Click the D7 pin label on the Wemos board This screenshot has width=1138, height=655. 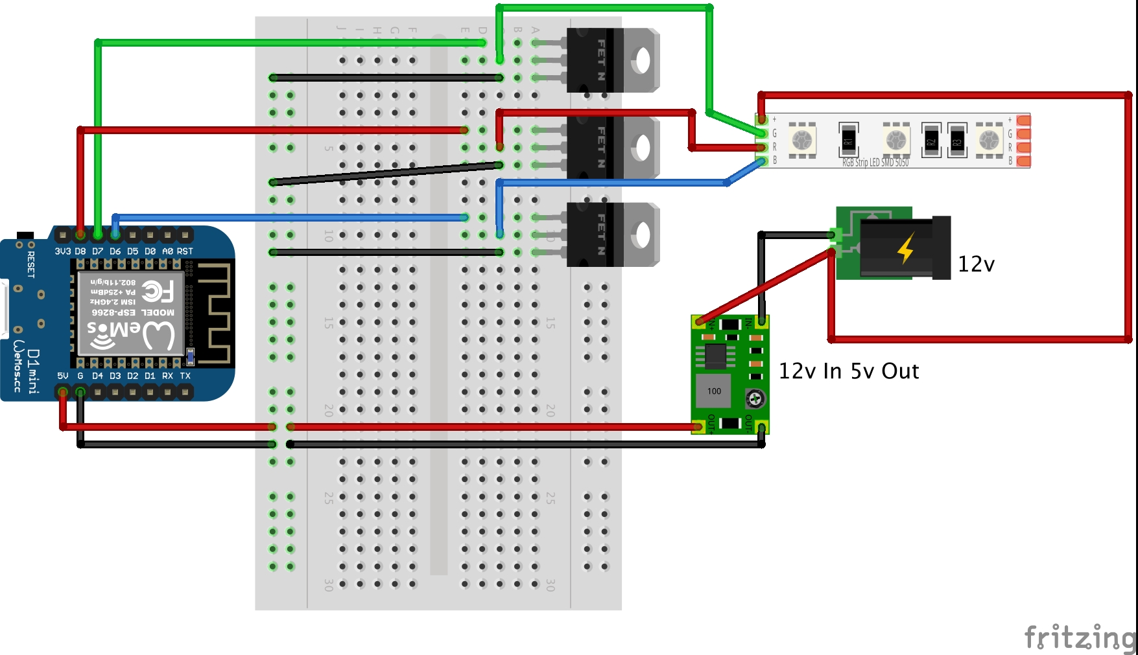coord(97,251)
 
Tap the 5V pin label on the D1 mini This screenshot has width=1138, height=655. coord(62,376)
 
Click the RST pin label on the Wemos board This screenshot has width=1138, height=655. coord(185,251)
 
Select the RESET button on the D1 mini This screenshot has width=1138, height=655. coord(25,235)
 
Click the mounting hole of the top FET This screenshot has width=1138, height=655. coord(643,61)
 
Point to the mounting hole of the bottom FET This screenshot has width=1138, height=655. coord(643,235)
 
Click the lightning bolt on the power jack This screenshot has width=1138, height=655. coord(906,249)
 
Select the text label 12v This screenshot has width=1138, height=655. coord(976,264)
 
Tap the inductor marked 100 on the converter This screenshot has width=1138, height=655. coord(714,391)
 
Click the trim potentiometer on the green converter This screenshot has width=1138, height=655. coord(755,398)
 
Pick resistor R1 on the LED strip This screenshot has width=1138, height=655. coord(849,140)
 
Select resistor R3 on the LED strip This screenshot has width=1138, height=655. coord(957,140)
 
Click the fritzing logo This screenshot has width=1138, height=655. coord(1079,638)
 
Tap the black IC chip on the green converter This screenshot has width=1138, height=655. coord(716,355)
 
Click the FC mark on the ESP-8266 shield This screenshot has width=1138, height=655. coord(158,291)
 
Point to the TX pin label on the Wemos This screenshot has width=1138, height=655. coord(185,376)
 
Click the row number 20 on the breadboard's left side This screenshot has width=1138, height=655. coord(329,410)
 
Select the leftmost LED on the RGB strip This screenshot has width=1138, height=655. coord(802,140)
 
